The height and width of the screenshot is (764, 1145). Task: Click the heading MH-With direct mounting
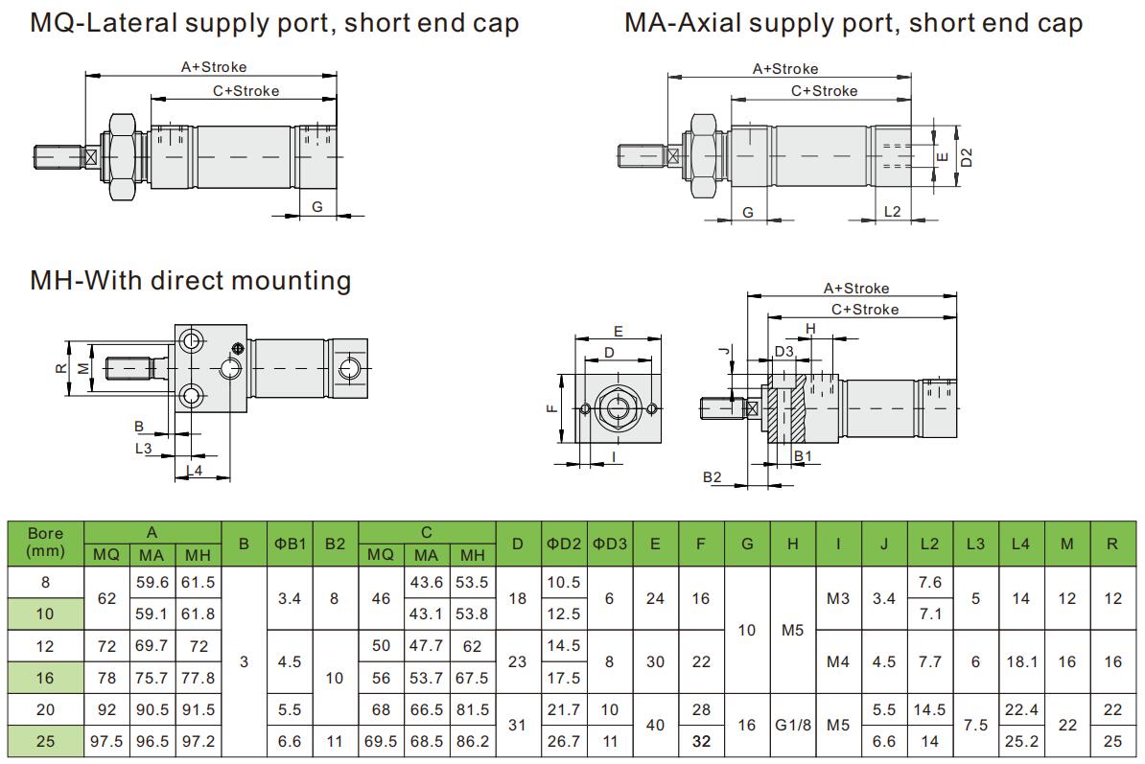tap(191, 281)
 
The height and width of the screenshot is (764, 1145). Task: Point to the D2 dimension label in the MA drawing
tap(967, 156)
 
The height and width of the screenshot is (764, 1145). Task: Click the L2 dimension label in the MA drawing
tap(892, 211)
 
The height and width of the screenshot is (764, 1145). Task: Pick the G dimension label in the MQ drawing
tap(316, 207)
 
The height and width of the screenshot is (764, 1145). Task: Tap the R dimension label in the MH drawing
tap(59, 367)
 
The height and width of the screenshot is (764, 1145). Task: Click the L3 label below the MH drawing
tap(143, 448)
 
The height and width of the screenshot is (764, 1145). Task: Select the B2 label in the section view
tap(712, 476)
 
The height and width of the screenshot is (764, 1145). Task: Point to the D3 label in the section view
tap(784, 352)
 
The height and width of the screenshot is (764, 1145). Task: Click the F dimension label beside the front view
tap(550, 408)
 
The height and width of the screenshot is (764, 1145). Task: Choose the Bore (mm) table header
tap(46, 543)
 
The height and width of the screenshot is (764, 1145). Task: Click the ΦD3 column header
tap(609, 544)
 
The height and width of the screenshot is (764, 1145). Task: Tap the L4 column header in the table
tap(1020, 544)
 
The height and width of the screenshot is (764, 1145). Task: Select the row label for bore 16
tap(46, 678)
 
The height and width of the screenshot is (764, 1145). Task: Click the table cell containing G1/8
tap(793, 726)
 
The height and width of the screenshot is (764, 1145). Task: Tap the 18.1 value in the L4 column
tap(1020, 661)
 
